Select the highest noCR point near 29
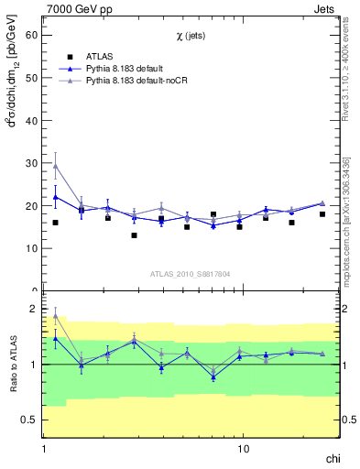click(56, 166)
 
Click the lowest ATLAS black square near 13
click(134, 235)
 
